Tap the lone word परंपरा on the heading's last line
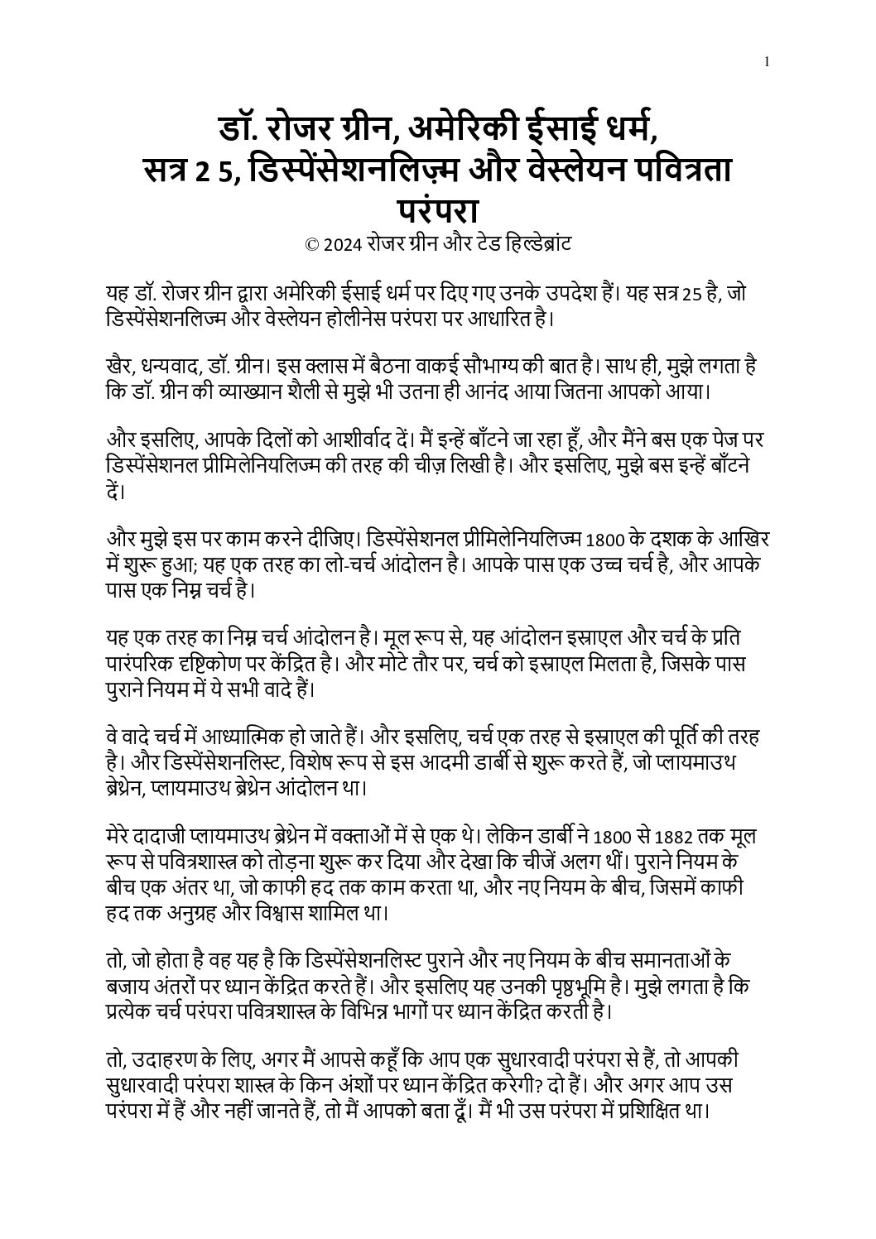tap(437, 209)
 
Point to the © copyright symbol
tap(312, 246)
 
